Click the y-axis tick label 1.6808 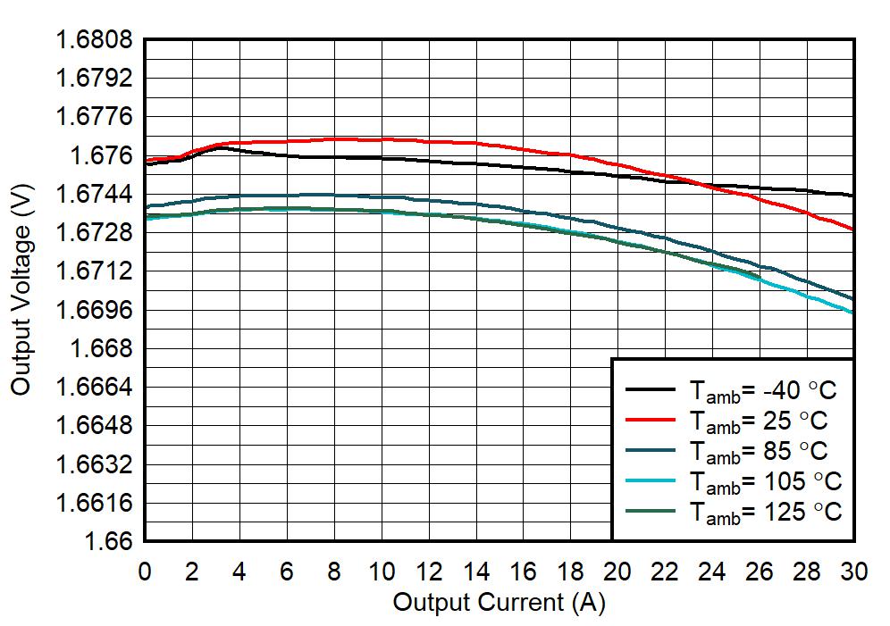[95, 40]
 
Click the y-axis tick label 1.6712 [95, 271]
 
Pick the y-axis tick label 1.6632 [95, 464]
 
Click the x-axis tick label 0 [145, 572]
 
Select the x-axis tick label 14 [475, 572]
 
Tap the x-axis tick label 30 [854, 572]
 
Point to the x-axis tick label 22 [665, 572]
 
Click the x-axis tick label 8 [333, 572]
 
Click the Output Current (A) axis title [499, 603]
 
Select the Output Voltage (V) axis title [22, 290]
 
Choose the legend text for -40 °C [761, 391]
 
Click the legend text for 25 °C [757, 421]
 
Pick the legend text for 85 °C [757, 451]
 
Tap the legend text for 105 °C [764, 482]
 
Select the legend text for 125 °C [764, 513]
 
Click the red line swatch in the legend [650, 420]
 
